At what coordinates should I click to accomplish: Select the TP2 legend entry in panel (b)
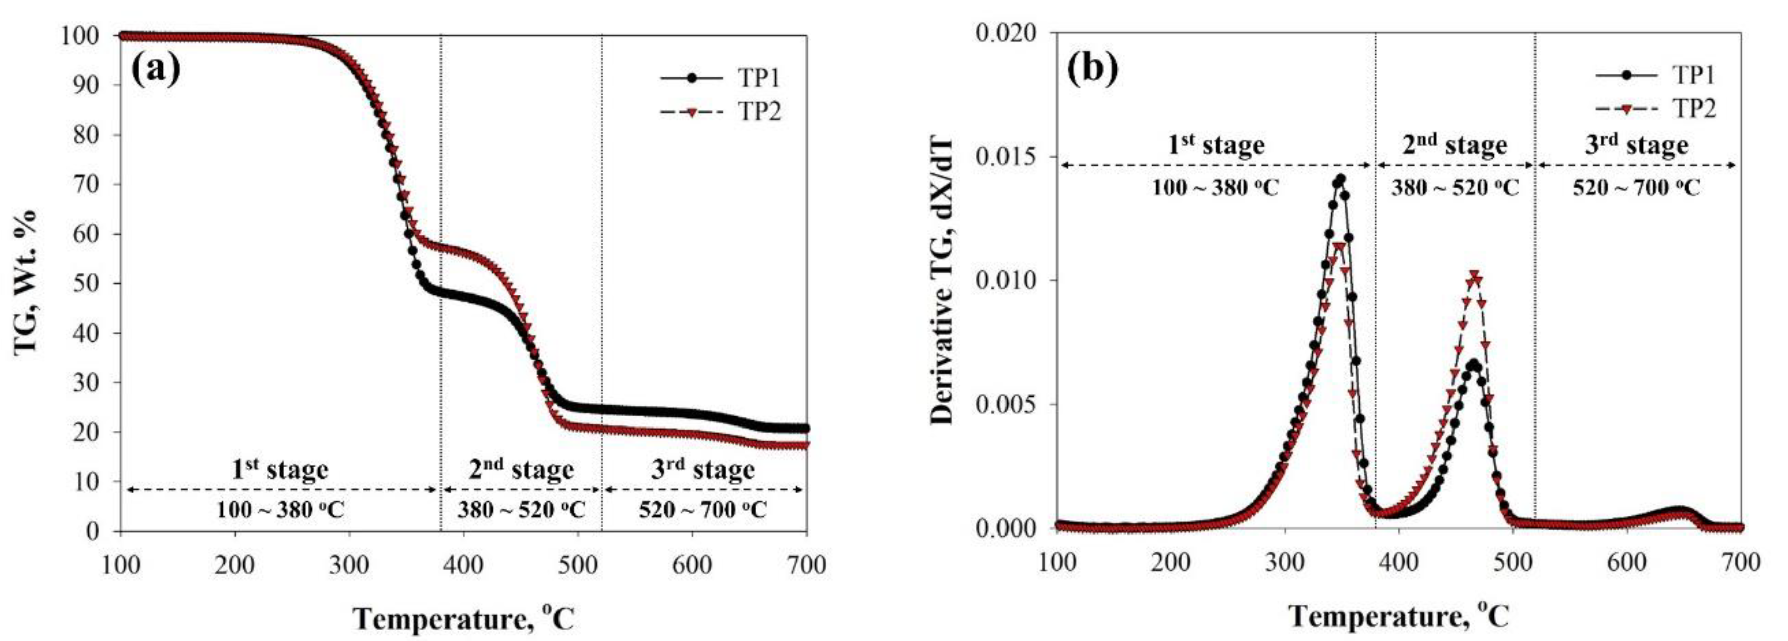point(1692,109)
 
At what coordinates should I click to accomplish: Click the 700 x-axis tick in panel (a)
point(805,565)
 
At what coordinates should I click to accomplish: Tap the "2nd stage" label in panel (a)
point(520,470)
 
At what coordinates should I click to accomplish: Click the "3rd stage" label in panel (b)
point(1635,145)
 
